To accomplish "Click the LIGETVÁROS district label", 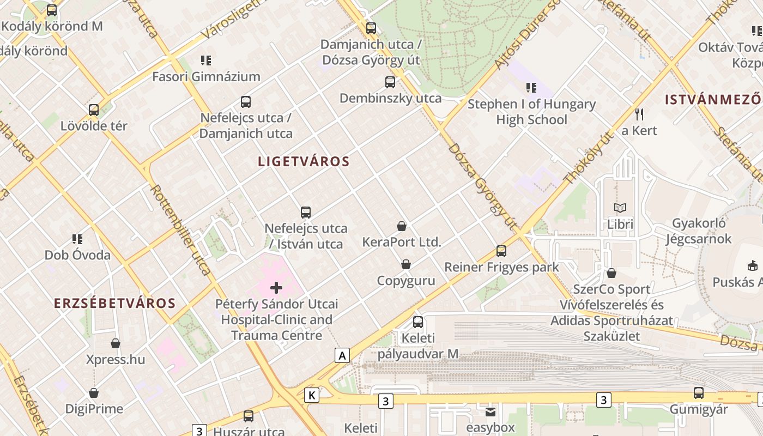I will (x=304, y=161).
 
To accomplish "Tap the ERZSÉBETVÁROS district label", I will (x=114, y=304).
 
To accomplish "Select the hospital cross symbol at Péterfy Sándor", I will (x=276, y=287).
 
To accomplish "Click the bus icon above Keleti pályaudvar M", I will (x=417, y=322).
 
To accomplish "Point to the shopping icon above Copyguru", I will (x=406, y=265).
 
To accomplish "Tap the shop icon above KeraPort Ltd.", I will (x=402, y=226).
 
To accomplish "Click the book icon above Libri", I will (x=620, y=208).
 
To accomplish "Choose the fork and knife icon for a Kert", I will (x=639, y=114).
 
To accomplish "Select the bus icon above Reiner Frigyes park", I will (x=501, y=251).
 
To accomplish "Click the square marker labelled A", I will (x=342, y=356).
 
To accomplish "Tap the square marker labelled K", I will (x=312, y=395).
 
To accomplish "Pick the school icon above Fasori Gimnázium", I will (x=205, y=60).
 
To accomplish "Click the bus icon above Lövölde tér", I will (x=94, y=110).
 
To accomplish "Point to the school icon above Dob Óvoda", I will (x=77, y=239).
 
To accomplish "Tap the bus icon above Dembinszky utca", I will (x=390, y=82).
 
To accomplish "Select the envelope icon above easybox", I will (x=491, y=412).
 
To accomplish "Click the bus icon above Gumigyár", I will (x=698, y=393).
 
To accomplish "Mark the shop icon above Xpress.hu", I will (x=116, y=343).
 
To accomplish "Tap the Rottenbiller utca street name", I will (x=180, y=229).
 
